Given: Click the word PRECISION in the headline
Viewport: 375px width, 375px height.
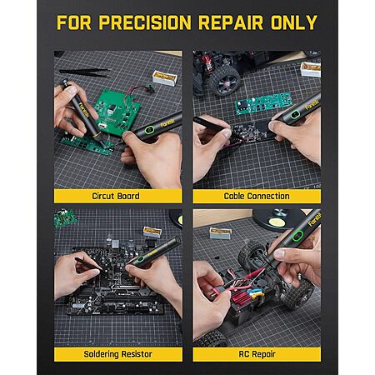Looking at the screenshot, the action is (145, 22).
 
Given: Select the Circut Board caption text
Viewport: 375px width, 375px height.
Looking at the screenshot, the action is (116, 196).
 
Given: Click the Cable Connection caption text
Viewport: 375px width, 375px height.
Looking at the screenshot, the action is (257, 196).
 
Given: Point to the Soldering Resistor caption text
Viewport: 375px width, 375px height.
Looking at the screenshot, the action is (118, 354).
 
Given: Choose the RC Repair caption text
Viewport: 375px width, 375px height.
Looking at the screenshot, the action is (257, 354).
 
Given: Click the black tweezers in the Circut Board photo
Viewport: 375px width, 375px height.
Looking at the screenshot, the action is (85, 72).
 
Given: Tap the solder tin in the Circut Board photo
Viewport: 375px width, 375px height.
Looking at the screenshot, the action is (165, 78).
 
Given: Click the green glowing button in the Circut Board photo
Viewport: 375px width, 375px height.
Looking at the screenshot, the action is (149, 129).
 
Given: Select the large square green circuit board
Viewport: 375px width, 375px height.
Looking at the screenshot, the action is (117, 112).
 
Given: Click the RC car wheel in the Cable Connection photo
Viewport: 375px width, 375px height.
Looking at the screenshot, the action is (225, 81).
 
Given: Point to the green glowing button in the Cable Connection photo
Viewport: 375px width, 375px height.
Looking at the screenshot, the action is (295, 114).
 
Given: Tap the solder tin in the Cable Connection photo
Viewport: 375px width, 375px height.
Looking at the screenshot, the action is (311, 69).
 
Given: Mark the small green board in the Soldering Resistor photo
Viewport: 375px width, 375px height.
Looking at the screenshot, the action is (65, 217).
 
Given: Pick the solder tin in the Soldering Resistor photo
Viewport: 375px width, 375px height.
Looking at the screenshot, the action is (152, 232).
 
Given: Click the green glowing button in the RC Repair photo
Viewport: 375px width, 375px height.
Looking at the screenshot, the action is (297, 236).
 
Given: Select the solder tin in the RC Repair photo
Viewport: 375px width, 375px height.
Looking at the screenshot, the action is (220, 232).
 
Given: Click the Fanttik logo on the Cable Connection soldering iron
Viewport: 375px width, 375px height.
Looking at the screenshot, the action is (312, 105).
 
